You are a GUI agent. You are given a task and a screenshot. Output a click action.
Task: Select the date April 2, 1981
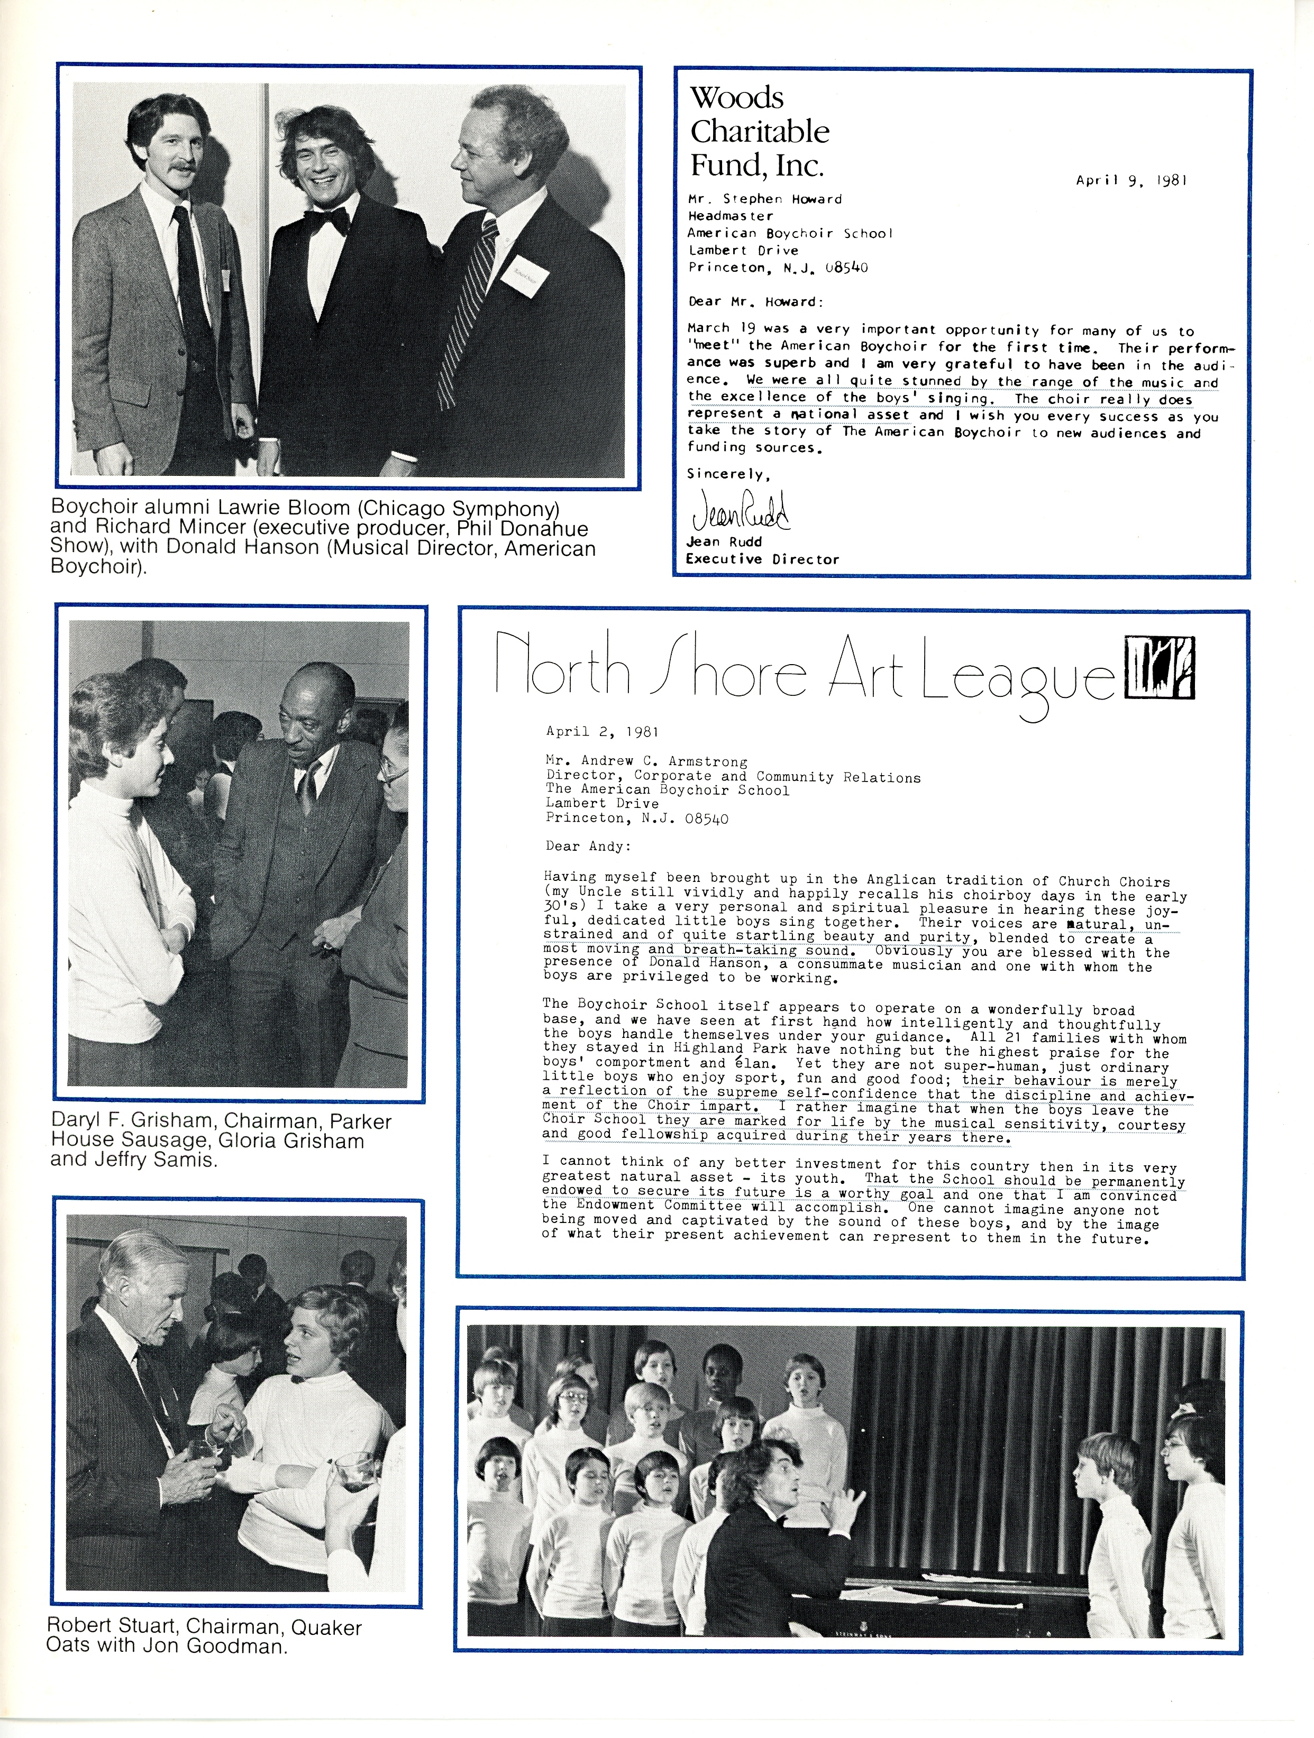click(x=602, y=731)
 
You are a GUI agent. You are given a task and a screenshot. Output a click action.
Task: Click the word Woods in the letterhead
click(x=736, y=97)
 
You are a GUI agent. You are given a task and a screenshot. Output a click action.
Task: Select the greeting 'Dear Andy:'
click(x=588, y=846)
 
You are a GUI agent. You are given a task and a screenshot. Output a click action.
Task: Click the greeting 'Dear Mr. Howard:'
click(x=752, y=302)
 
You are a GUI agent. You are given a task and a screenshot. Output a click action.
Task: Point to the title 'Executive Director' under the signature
click(x=762, y=559)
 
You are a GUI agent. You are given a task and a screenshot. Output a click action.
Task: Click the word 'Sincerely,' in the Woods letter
click(x=728, y=474)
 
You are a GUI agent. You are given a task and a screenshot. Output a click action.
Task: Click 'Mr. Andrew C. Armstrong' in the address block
click(x=646, y=760)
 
